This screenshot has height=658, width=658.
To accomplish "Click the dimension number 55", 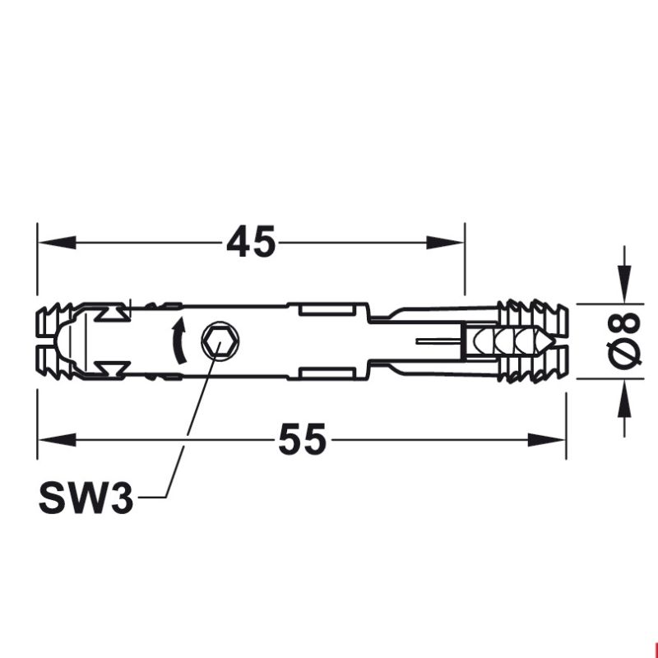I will pos(302,440).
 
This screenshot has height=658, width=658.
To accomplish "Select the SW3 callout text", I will pos(86,498).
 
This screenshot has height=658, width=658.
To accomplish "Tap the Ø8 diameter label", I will pos(625,341).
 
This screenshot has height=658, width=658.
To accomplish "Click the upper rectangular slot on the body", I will pos(326,308).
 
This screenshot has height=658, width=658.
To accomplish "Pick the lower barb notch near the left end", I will pos(111,366).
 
